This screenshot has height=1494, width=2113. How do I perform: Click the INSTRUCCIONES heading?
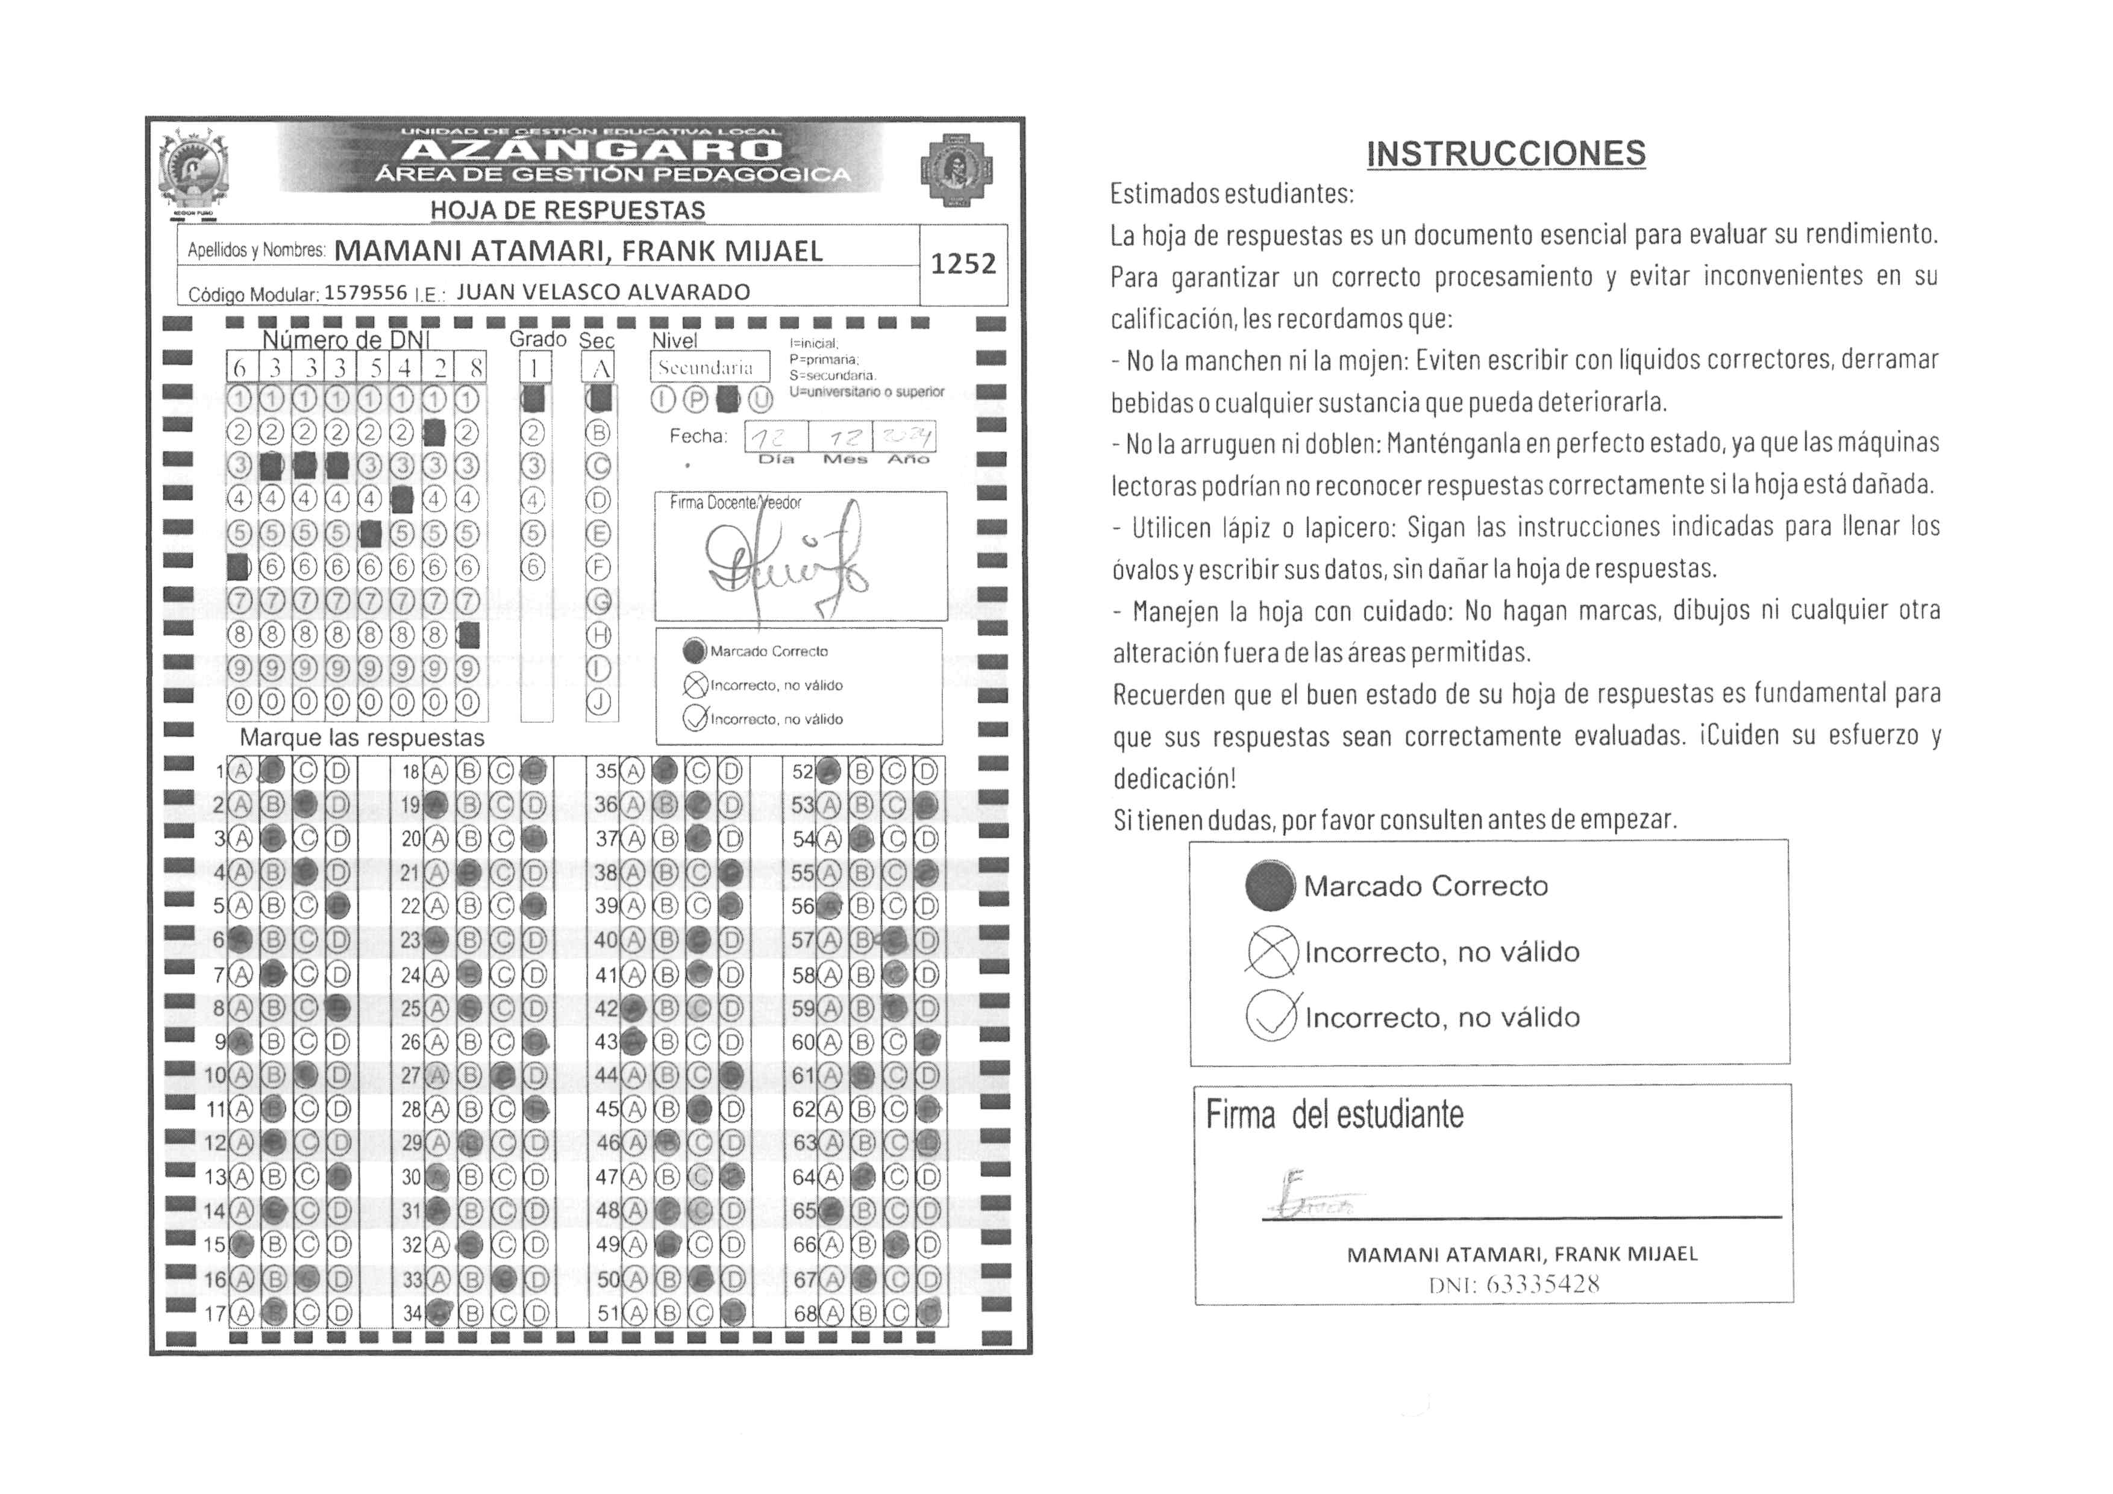(x=1506, y=154)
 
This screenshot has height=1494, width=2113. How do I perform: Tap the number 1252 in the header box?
(x=963, y=264)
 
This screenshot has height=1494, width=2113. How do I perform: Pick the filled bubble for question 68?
(x=928, y=1313)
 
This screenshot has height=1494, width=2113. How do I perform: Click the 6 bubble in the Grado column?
(x=533, y=567)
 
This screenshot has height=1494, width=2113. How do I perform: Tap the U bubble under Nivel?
(x=760, y=400)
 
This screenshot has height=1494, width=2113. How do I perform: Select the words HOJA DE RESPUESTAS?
(x=568, y=211)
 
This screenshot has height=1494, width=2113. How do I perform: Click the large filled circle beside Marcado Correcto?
(x=1270, y=884)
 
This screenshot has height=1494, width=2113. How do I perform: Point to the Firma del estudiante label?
(x=1335, y=1115)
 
